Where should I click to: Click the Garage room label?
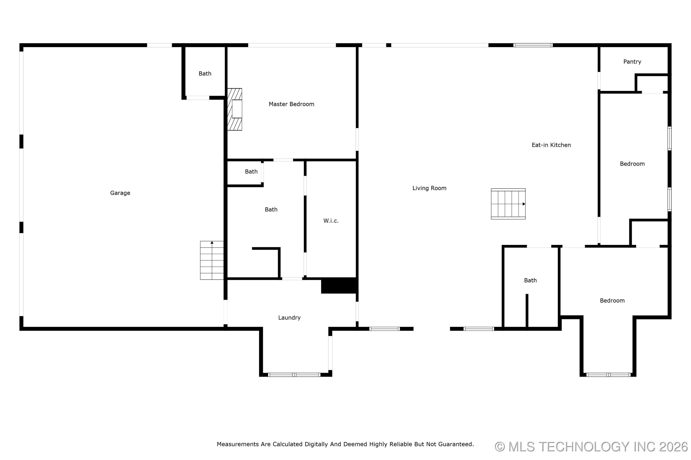pyautogui.click(x=120, y=193)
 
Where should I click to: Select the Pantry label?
pyautogui.click(x=632, y=62)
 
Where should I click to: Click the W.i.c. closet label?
pyautogui.click(x=331, y=221)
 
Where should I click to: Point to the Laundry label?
pyautogui.click(x=289, y=318)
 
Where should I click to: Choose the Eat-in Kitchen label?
pyautogui.click(x=551, y=145)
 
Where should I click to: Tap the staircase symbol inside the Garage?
pyautogui.click(x=212, y=260)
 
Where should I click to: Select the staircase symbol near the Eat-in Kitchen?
pyautogui.click(x=508, y=204)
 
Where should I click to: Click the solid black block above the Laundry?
pyautogui.click(x=339, y=285)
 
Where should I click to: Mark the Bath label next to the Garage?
pyautogui.click(x=205, y=74)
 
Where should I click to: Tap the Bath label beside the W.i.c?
pyautogui.click(x=271, y=210)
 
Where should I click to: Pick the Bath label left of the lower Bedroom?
pyautogui.click(x=530, y=280)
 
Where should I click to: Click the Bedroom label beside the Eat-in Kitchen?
pyautogui.click(x=632, y=164)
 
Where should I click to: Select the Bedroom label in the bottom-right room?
pyautogui.click(x=612, y=301)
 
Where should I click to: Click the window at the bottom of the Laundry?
pyautogui.click(x=294, y=375)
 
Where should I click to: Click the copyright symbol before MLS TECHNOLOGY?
pyautogui.click(x=500, y=447)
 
